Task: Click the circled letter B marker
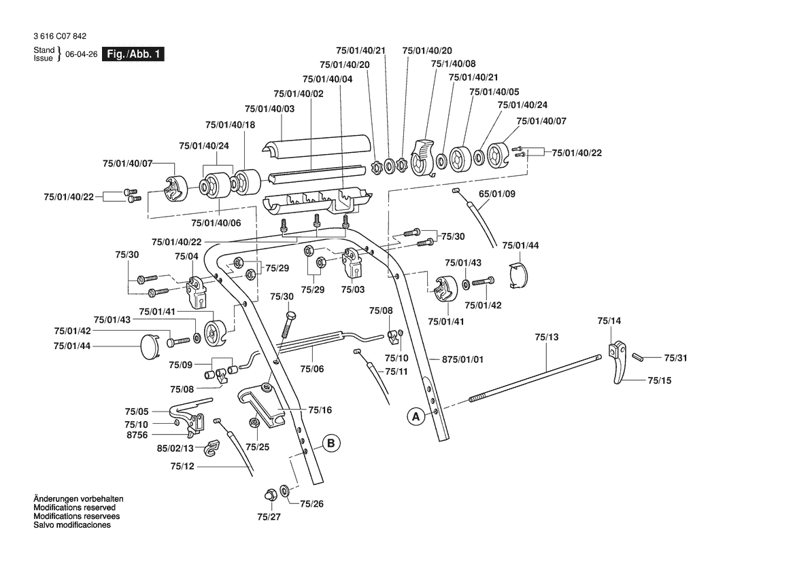click(x=331, y=444)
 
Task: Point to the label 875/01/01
click(x=462, y=359)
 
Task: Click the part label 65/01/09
click(x=497, y=194)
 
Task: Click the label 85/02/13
click(x=175, y=448)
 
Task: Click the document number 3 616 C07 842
click(x=59, y=36)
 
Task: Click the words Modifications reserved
click(x=74, y=507)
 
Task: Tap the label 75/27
click(x=268, y=517)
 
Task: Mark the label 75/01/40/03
click(x=269, y=109)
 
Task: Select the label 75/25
click(x=257, y=447)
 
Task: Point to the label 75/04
click(x=186, y=256)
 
